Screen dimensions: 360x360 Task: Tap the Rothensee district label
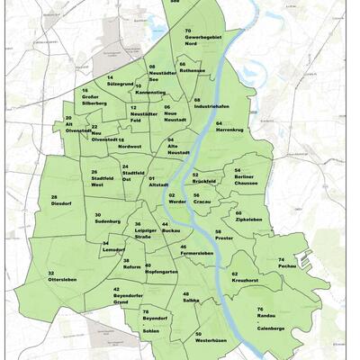[x=192, y=67]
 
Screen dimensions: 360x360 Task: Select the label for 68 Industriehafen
[x=211, y=103]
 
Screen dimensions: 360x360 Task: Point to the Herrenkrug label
[x=230, y=127]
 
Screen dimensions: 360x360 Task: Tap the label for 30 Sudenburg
[x=107, y=218]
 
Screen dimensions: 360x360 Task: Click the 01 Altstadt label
[x=158, y=183]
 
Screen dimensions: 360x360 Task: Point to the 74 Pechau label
[x=287, y=263]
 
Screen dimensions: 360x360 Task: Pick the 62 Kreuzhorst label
[x=247, y=277]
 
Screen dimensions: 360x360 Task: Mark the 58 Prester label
[x=224, y=235]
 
